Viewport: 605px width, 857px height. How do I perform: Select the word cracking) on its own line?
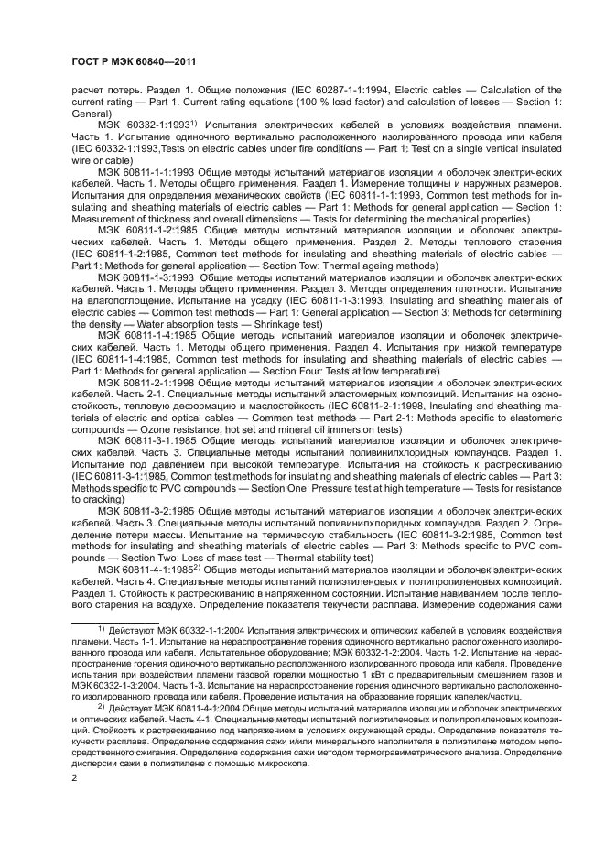pos(96,501)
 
